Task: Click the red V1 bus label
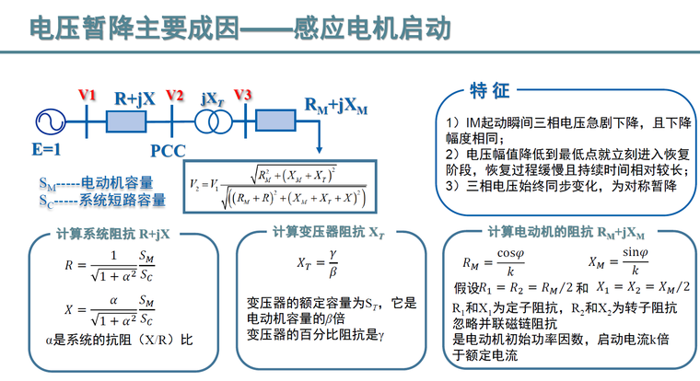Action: [87, 96]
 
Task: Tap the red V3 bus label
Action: [243, 96]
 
